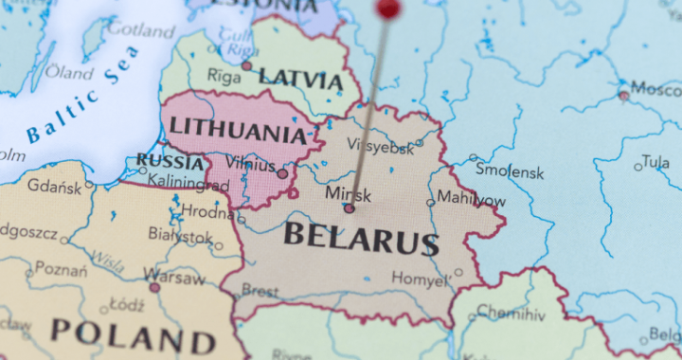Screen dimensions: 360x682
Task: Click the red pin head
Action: tap(386, 8)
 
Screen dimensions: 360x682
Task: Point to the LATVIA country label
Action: tap(299, 79)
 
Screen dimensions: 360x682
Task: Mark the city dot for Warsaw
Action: tap(153, 286)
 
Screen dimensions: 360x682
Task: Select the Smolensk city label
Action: tap(510, 172)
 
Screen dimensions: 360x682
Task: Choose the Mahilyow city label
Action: tap(471, 201)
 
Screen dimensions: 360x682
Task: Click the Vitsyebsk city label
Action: tap(380, 148)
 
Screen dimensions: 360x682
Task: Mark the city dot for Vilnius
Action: tap(281, 173)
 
